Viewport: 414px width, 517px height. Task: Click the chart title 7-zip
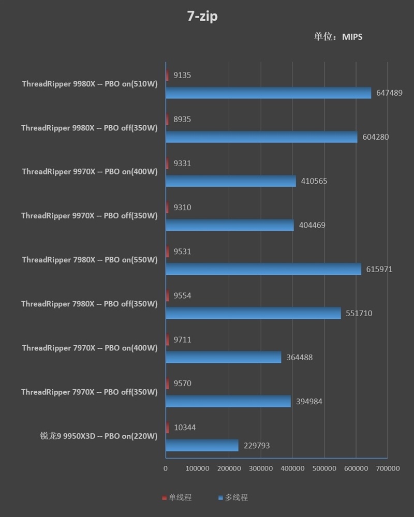point(202,17)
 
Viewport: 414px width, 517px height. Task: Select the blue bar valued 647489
point(268,93)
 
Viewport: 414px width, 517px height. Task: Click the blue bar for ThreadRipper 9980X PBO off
point(261,137)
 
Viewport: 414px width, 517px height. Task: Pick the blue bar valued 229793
point(202,445)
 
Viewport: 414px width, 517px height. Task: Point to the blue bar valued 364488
point(223,357)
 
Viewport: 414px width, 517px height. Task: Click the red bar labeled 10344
point(167,427)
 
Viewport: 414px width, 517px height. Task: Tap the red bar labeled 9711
point(167,339)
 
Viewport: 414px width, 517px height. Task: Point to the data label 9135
point(182,75)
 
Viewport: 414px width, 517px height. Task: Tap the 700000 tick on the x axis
point(388,468)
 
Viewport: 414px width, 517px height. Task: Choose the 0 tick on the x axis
point(166,468)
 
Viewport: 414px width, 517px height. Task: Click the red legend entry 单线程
point(176,497)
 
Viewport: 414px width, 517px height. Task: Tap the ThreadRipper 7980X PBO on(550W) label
point(90,260)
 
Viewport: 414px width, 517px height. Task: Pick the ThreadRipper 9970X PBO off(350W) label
point(90,216)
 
